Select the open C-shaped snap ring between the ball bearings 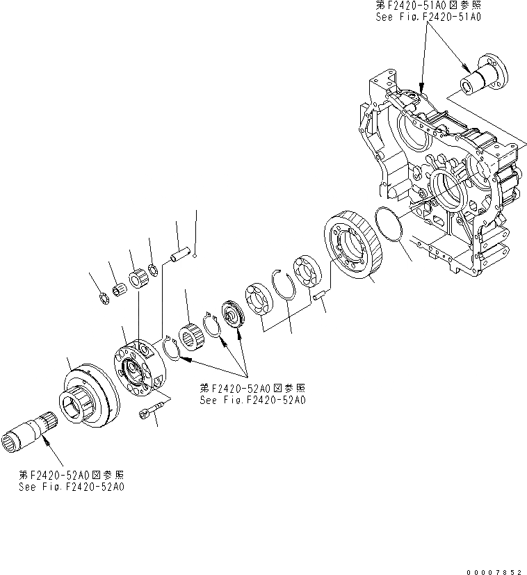(x=284, y=283)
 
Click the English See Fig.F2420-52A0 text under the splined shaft (x=72, y=486)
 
